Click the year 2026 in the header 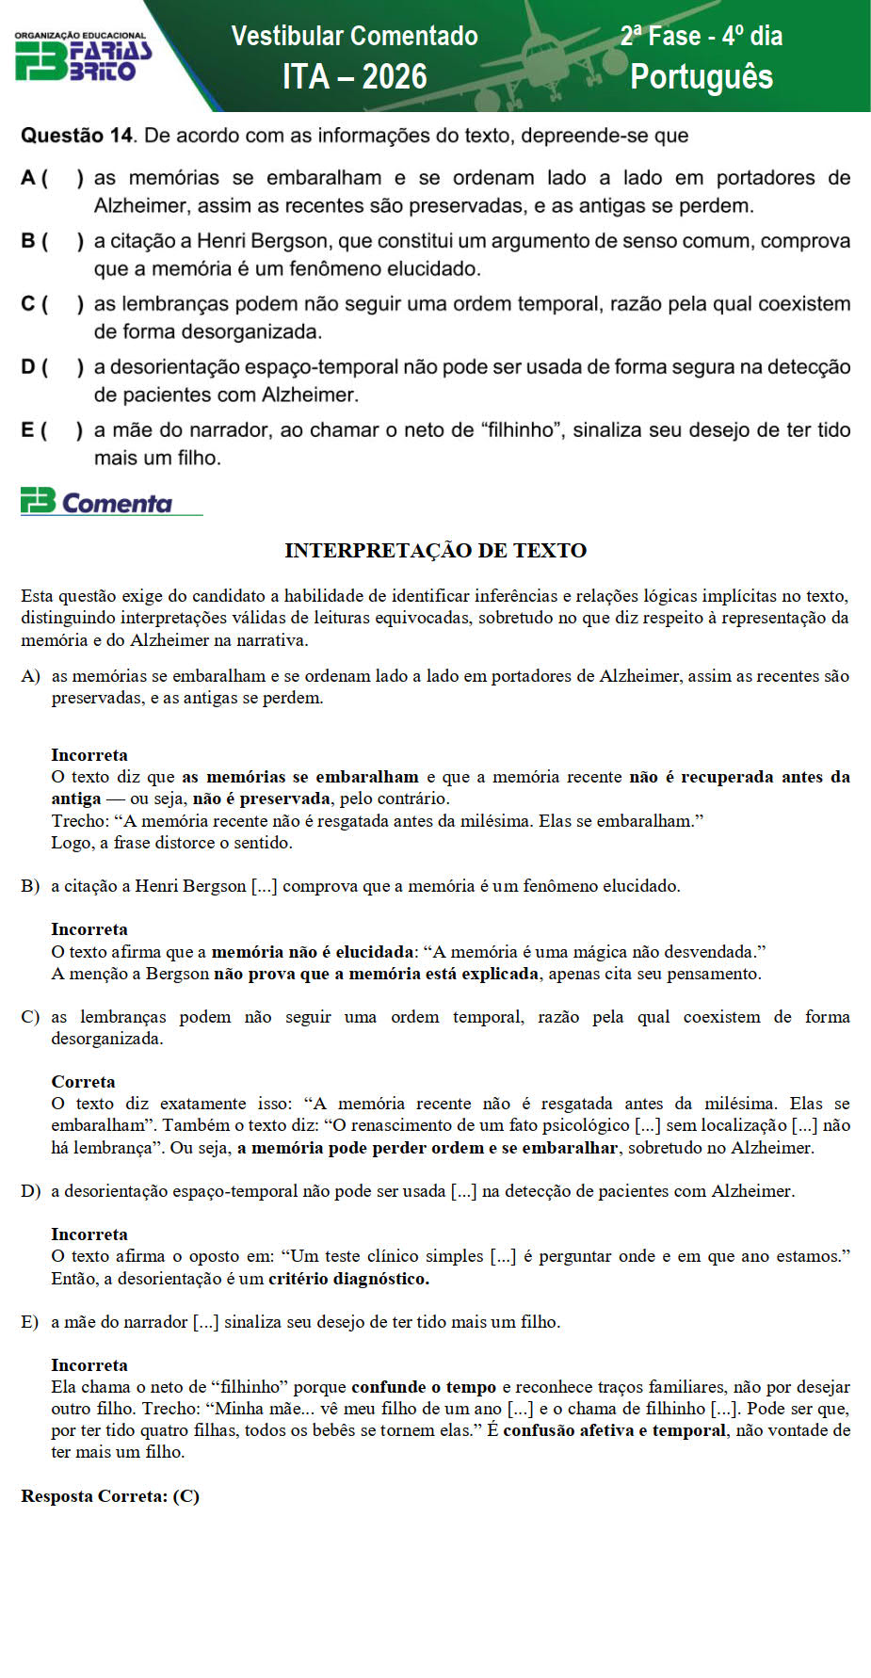pyautogui.click(x=394, y=76)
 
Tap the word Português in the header pyautogui.click(x=702, y=76)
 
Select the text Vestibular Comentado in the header pyautogui.click(x=354, y=36)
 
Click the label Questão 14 pyautogui.click(x=77, y=136)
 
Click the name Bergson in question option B pyautogui.click(x=292, y=241)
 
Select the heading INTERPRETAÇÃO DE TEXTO pyautogui.click(x=435, y=551)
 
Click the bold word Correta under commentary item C pyautogui.click(x=83, y=1082)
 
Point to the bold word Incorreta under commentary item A pyautogui.click(x=89, y=755)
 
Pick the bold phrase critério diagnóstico pyautogui.click(x=348, y=1279)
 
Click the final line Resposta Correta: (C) pyautogui.click(x=110, y=1496)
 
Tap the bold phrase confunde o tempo pyautogui.click(x=424, y=1387)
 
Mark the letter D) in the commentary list pyautogui.click(x=30, y=1191)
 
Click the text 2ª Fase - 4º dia pyautogui.click(x=702, y=36)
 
